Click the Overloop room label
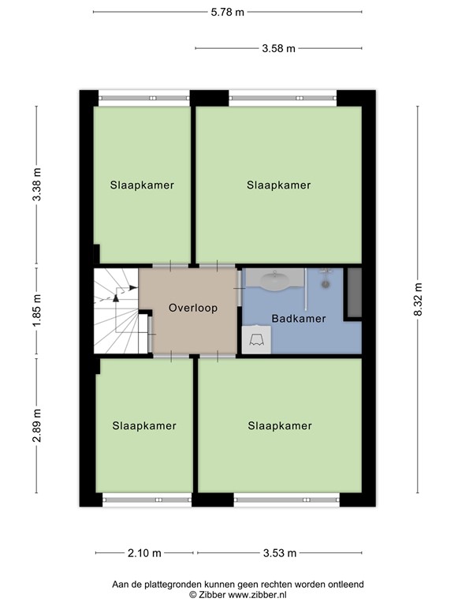192,308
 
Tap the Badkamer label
298,319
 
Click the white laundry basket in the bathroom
257,340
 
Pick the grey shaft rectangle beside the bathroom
354,293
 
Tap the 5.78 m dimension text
227,12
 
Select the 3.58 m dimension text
278,48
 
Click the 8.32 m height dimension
418,300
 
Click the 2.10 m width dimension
145,552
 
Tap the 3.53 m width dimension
279,552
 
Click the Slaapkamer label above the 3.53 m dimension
279,425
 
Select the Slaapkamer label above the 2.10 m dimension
143,425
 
